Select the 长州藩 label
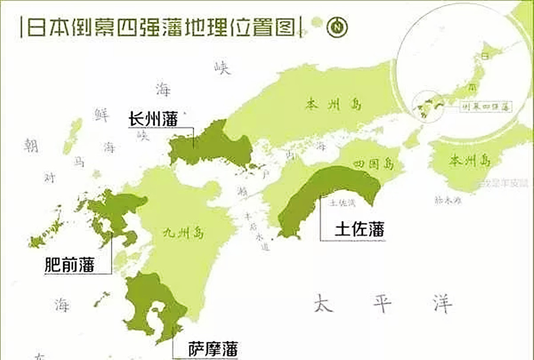[x=153, y=119]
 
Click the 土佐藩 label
[x=360, y=229]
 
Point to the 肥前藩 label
[x=69, y=264]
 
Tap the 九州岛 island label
[x=183, y=233]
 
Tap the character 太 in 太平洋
[x=322, y=303]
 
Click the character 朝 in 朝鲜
[x=30, y=145]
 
